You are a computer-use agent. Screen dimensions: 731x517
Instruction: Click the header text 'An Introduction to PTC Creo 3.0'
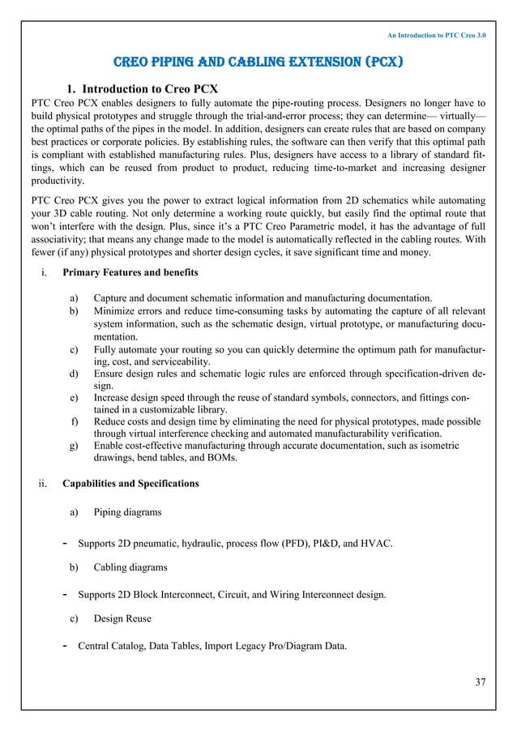click(436, 36)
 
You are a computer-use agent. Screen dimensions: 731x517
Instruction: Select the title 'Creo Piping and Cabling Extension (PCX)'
click(258, 62)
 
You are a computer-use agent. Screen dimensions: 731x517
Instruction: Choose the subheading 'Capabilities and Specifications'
click(130, 484)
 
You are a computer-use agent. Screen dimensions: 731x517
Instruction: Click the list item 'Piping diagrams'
click(127, 512)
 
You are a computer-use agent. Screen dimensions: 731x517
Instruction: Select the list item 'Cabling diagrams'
click(130, 567)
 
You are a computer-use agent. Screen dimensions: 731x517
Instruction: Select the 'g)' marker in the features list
click(75, 445)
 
